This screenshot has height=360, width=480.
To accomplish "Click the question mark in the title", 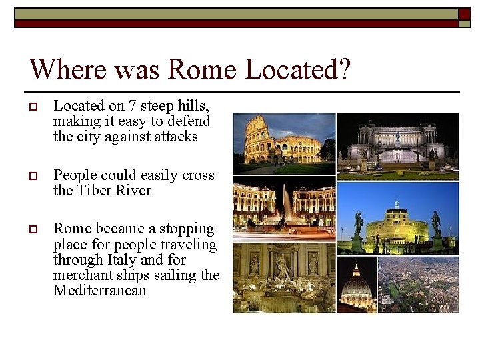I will point(343,69).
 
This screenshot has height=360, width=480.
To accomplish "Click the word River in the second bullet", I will point(135,191).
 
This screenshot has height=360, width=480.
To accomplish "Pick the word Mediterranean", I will point(100,291).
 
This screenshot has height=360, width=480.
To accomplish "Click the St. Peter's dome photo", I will point(357,285).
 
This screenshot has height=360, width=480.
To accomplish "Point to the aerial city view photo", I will point(419,285).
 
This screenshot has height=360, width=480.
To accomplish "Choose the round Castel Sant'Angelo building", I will point(397,227).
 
